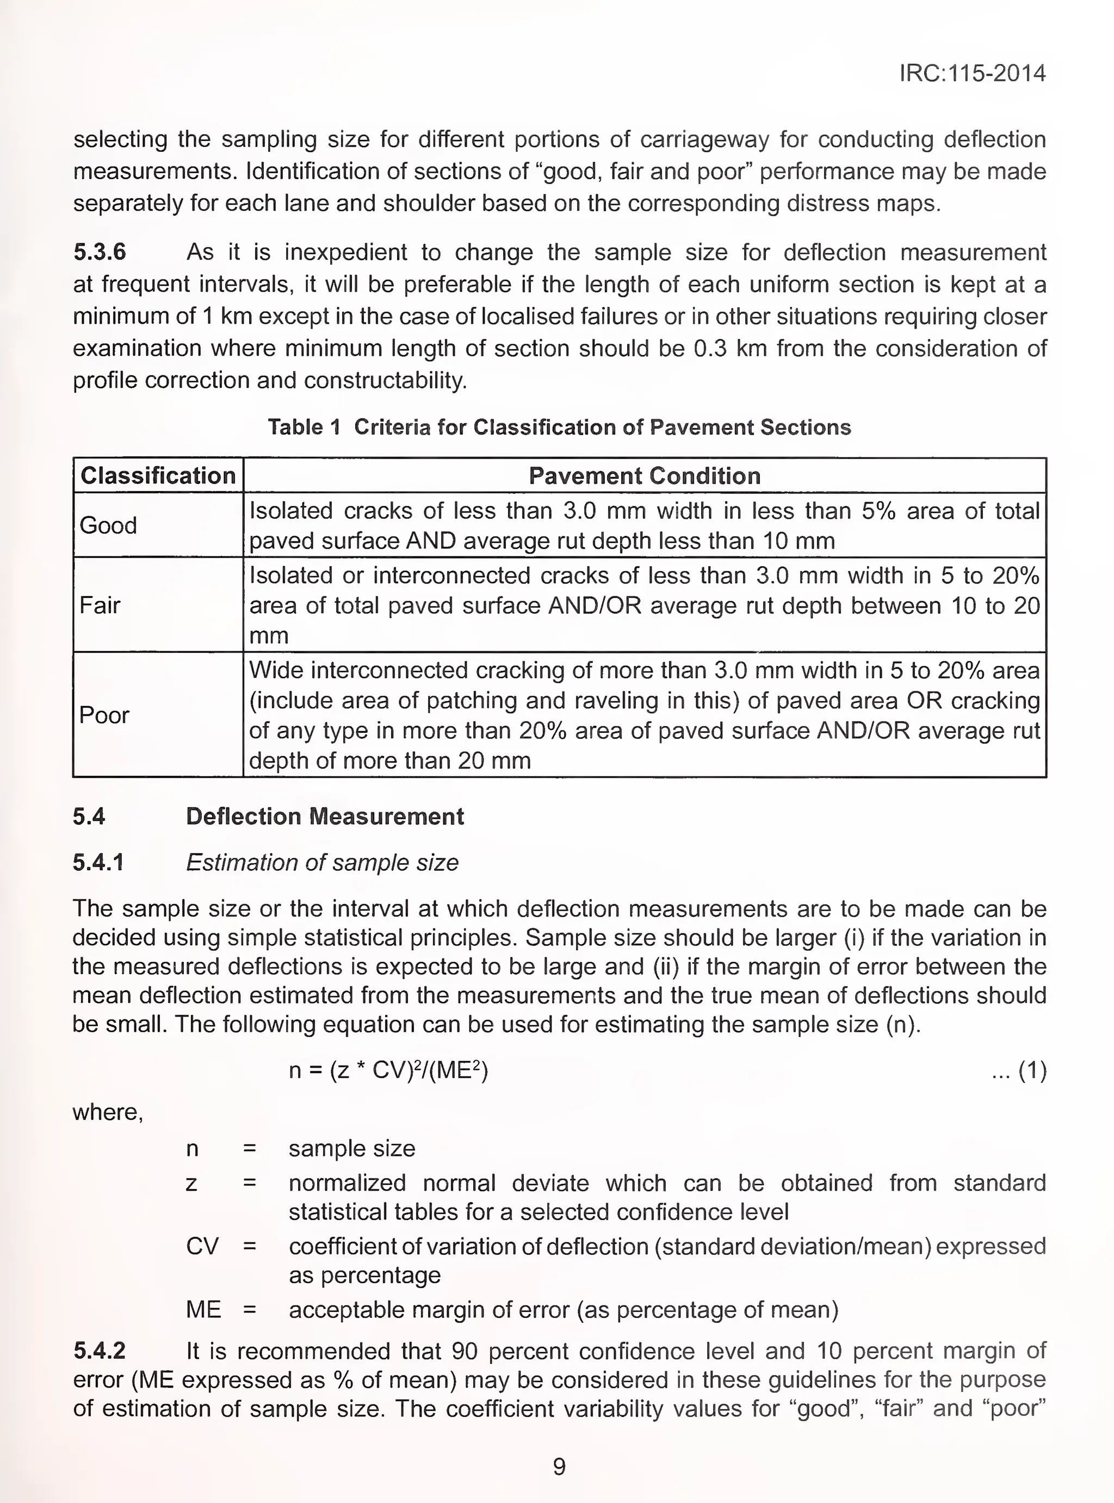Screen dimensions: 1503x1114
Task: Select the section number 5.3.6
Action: [99, 252]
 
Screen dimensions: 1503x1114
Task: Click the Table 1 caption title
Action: [559, 428]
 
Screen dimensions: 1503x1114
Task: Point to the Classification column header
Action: [158, 476]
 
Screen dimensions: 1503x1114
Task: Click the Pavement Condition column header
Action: [644, 476]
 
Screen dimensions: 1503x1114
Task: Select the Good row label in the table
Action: [108, 525]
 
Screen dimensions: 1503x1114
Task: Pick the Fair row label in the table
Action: [100, 605]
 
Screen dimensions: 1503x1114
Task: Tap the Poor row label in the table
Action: [104, 715]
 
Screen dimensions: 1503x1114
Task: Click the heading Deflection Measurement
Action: [324, 817]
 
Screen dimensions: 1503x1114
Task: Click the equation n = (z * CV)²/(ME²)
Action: [388, 1071]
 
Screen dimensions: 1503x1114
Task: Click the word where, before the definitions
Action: [108, 1112]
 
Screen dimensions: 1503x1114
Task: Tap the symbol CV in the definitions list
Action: [202, 1246]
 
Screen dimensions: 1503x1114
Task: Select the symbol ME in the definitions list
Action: [203, 1309]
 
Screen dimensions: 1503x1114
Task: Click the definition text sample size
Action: [351, 1148]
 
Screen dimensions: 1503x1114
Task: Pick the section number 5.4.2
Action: [99, 1351]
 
